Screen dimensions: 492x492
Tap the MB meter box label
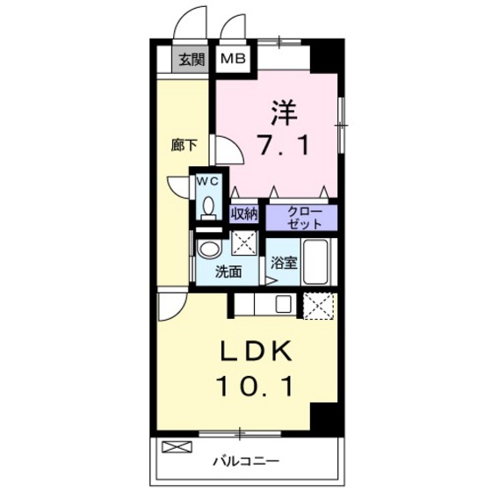(x=233, y=60)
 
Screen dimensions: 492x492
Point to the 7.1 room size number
(x=282, y=145)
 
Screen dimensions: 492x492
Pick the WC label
(x=207, y=180)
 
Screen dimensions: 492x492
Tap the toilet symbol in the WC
(x=207, y=207)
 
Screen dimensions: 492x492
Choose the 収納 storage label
(x=244, y=213)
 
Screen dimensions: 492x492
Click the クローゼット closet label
(x=300, y=215)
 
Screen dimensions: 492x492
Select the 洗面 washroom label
(x=229, y=271)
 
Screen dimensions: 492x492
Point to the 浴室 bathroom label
(x=283, y=262)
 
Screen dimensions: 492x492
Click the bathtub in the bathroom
(x=317, y=261)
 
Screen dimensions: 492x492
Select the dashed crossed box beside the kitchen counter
(x=318, y=306)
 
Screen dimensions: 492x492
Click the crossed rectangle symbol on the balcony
(x=175, y=447)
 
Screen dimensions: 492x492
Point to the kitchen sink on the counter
(x=284, y=305)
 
